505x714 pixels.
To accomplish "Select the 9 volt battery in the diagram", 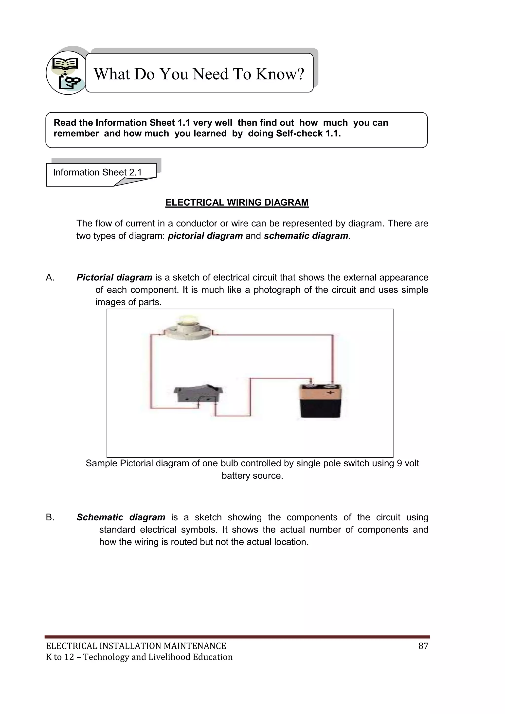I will point(320,401).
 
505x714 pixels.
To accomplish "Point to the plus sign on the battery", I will point(330,393).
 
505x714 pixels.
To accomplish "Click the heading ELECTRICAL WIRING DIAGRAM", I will point(237,202).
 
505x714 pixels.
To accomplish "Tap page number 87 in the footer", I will point(423,646).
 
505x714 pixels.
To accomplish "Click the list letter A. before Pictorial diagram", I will point(50,277).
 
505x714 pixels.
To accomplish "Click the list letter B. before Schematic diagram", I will point(50,517).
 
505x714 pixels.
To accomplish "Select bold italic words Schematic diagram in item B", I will point(121,517).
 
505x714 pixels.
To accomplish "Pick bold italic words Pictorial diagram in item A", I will point(114,277).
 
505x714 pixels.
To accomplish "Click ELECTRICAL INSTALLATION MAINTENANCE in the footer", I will point(136,646).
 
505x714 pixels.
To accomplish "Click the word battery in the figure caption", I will point(233,476).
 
